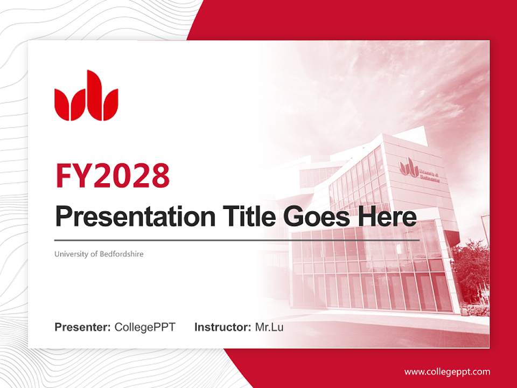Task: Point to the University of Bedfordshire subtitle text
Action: point(99,254)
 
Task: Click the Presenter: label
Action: point(82,327)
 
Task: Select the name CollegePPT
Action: point(145,327)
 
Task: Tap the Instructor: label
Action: point(222,327)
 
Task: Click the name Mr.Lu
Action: point(269,327)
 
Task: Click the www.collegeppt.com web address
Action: point(447,372)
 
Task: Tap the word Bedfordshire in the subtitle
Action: point(122,254)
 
